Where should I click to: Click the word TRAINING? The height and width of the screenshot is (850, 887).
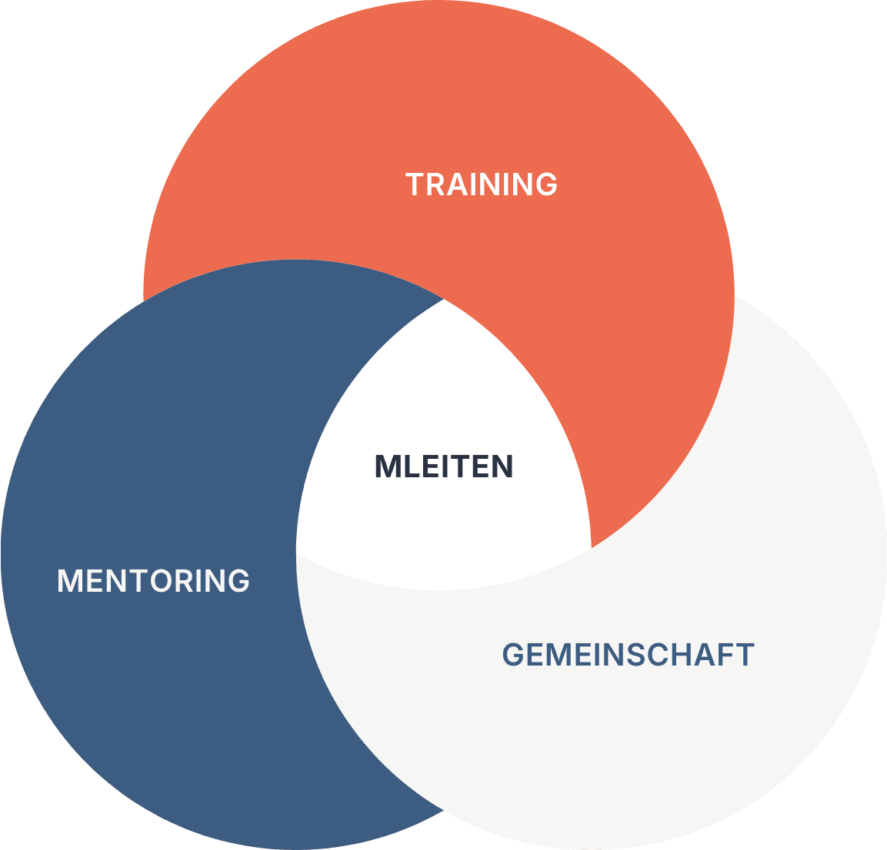coord(482,184)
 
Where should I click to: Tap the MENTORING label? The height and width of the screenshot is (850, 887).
coord(154,580)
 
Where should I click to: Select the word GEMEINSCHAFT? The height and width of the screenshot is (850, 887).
coord(628,655)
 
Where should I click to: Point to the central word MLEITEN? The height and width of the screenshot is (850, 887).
coord(444,467)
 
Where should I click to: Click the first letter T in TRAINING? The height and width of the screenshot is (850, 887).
coord(414,184)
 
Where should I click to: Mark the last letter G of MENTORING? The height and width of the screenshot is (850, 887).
coord(239,580)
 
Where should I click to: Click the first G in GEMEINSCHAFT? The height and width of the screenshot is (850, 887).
coord(513,655)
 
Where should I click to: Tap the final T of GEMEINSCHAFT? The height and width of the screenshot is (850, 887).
coord(745,655)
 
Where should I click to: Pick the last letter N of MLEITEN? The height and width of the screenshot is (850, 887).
coord(502,467)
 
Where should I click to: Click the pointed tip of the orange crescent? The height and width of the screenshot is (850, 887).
coord(591,547)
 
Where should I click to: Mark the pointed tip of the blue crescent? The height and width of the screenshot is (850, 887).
coord(444,299)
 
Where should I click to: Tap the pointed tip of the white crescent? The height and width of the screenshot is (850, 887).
coord(297,555)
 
